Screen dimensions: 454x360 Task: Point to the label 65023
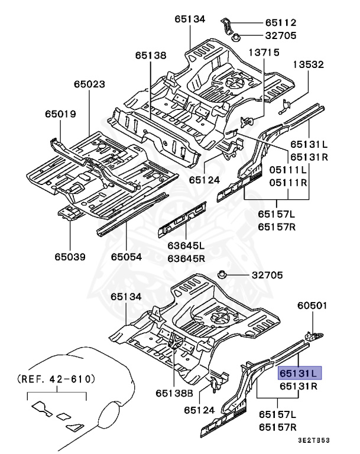click(90, 85)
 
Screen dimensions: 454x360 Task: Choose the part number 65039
click(70, 257)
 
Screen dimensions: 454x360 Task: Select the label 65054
click(127, 257)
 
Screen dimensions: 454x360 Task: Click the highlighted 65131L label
click(299, 374)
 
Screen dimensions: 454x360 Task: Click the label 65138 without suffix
click(150, 55)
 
